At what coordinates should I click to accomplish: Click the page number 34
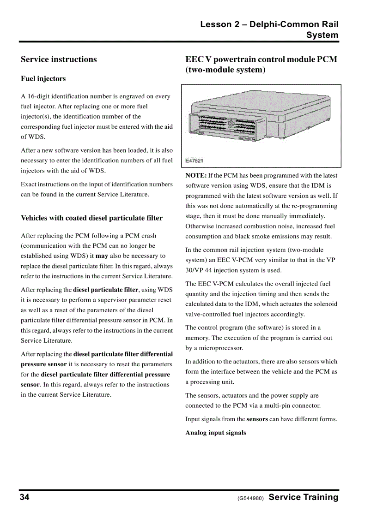[24, 497]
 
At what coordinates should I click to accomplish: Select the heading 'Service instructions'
[59, 60]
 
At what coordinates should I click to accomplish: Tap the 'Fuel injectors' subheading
[43, 79]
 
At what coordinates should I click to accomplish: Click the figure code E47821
[194, 161]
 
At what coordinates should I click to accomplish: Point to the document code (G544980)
[250, 499]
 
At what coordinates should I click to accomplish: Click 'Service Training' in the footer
[303, 497]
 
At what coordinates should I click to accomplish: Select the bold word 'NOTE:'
[196, 176]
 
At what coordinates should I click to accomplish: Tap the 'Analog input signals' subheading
[216, 433]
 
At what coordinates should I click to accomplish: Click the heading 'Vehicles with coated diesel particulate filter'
[91, 218]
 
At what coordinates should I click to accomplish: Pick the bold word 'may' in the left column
[102, 256]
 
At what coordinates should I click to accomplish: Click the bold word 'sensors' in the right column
[257, 419]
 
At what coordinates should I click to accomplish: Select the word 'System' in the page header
[322, 35]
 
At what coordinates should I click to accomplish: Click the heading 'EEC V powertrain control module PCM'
[261, 60]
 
